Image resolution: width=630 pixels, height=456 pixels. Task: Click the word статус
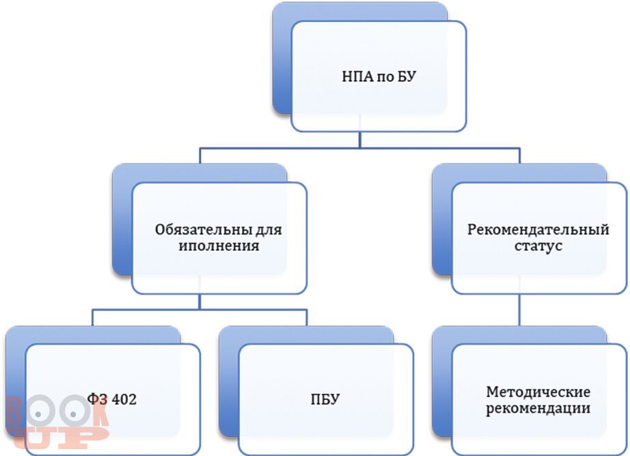(539, 246)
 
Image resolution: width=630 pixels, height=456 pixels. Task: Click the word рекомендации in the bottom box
(538, 409)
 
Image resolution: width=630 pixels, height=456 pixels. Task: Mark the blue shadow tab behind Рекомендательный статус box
(441, 226)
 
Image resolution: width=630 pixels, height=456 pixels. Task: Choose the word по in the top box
(381, 77)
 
